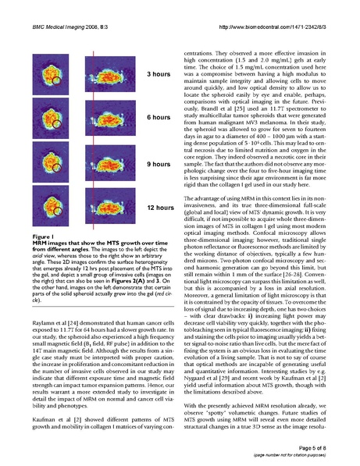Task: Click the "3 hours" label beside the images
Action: coord(159,74)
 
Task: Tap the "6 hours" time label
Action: coord(159,116)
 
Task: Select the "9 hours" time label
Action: coord(159,165)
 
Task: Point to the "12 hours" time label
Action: coord(159,208)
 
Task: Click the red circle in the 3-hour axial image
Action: coord(55,80)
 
